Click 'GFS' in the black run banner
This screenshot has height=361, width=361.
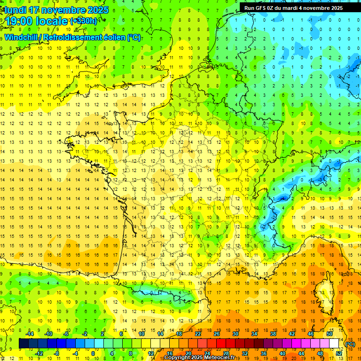(263, 8)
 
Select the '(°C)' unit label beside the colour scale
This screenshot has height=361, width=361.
(350, 344)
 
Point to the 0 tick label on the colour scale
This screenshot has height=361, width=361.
(93, 353)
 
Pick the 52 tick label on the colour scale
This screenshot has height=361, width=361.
(338, 353)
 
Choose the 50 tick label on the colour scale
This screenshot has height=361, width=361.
(329, 334)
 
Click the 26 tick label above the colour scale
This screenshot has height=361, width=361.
(216, 334)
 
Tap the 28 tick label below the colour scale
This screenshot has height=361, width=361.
(226, 353)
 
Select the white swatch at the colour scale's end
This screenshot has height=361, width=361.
(334, 344)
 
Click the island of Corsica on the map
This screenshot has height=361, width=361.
(324, 294)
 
